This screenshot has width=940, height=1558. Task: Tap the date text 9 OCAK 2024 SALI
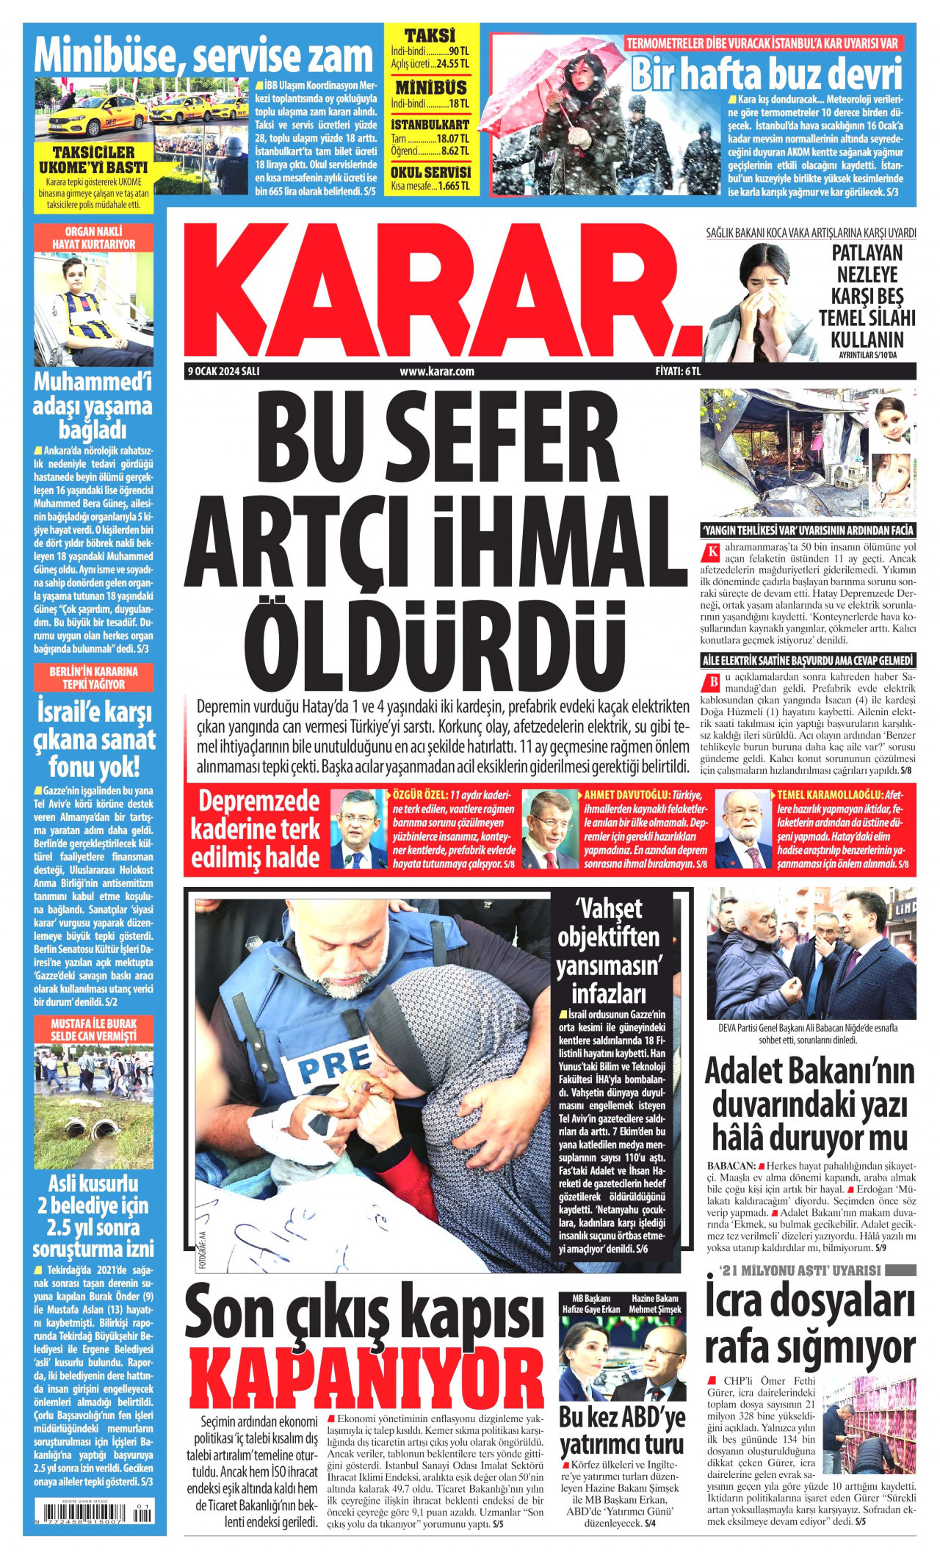pos(223,372)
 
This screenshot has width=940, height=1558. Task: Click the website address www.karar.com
pos(437,372)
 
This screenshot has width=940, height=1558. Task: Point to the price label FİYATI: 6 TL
pos(678,372)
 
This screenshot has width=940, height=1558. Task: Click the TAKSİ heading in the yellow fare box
pos(430,35)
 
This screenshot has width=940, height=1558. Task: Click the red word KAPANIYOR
pos(365,1381)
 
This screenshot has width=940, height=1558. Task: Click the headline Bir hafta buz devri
pos(766,74)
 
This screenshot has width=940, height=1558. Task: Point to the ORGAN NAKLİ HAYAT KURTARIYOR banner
pos(93,238)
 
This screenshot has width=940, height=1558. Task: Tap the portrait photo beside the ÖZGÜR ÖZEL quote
pos(358,829)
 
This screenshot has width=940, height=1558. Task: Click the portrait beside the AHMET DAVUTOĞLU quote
pos(550,829)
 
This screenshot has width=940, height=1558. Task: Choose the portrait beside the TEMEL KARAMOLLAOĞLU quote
pos(743,829)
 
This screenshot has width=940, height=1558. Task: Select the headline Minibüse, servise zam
pos(203,57)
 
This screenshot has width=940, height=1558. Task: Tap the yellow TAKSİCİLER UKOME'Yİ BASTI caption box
pos(93,177)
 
